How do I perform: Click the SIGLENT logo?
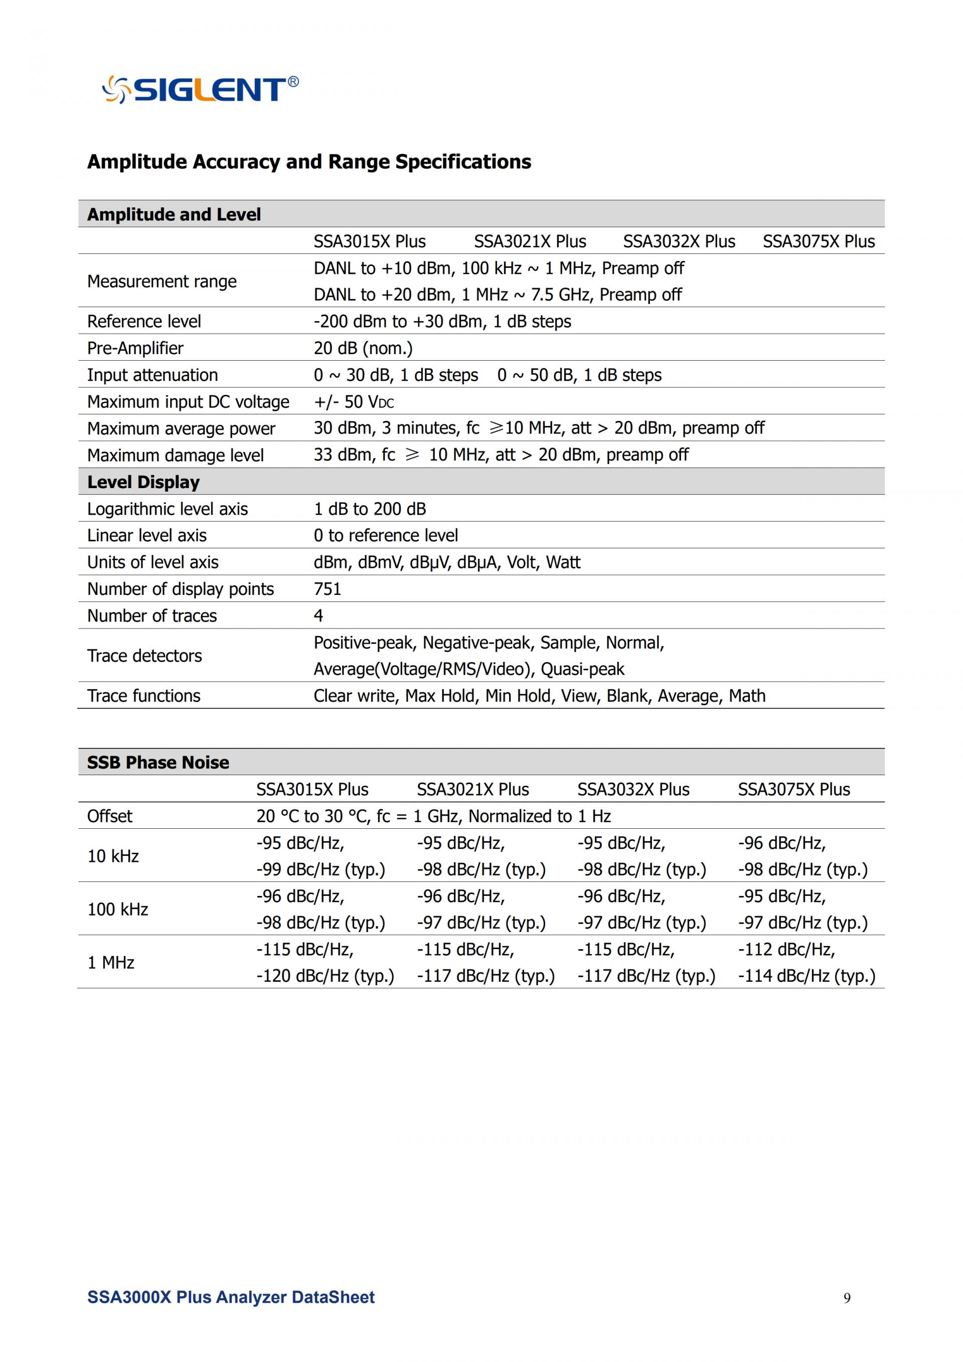coord(201,90)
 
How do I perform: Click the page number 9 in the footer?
coord(847,1297)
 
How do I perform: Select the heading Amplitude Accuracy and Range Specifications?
coord(309,162)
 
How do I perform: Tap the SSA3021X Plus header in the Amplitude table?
coord(530,241)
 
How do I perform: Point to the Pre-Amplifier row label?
coord(135,348)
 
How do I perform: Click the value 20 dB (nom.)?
coord(363,348)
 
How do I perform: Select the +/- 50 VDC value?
coord(354,402)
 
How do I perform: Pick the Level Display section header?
coord(143,482)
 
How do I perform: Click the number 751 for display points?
coord(328,589)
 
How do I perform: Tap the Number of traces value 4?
coord(318,616)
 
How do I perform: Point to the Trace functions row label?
coord(143,696)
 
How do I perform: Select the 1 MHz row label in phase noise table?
coord(111,962)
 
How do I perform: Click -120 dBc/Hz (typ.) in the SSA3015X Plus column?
coord(325,976)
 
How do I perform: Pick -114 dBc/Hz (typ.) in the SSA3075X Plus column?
coord(807,976)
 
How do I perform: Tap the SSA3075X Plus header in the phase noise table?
coord(793,790)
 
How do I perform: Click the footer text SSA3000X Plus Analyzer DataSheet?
coord(231,1297)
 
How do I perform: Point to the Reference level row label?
coord(144,322)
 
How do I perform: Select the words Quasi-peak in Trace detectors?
coord(582,669)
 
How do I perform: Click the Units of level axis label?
coord(153,562)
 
